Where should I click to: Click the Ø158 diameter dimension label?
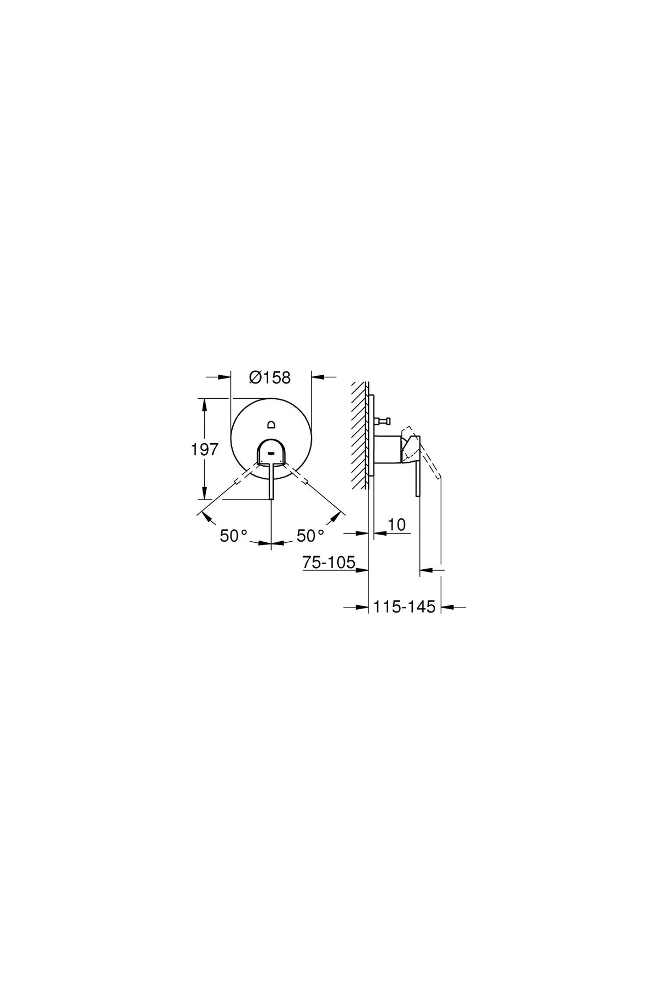(x=269, y=377)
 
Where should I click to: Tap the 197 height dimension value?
(x=205, y=450)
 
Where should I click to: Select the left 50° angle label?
(x=234, y=536)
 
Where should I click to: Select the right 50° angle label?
(x=310, y=536)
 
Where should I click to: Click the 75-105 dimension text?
(x=329, y=562)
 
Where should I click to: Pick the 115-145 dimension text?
(x=405, y=607)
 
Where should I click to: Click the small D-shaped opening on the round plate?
(x=272, y=424)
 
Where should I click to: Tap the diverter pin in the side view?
(x=382, y=421)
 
